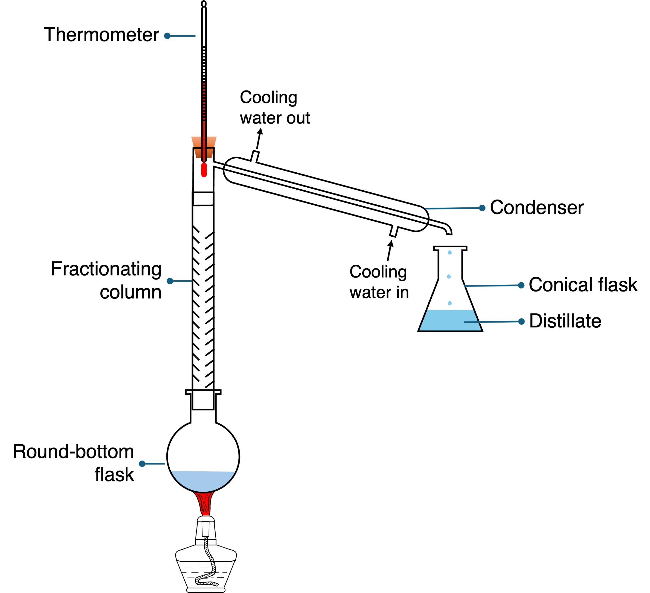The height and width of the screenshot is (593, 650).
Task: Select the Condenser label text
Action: (x=537, y=208)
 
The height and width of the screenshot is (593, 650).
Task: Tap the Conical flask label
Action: (x=583, y=285)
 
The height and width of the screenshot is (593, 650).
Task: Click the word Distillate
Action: (x=565, y=321)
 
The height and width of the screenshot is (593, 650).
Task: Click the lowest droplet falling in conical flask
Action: (x=450, y=303)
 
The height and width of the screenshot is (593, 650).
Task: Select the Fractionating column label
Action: (x=106, y=280)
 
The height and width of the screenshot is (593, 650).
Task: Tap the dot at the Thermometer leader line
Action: (x=167, y=36)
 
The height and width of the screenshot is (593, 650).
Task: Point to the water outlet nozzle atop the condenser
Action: (x=255, y=156)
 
